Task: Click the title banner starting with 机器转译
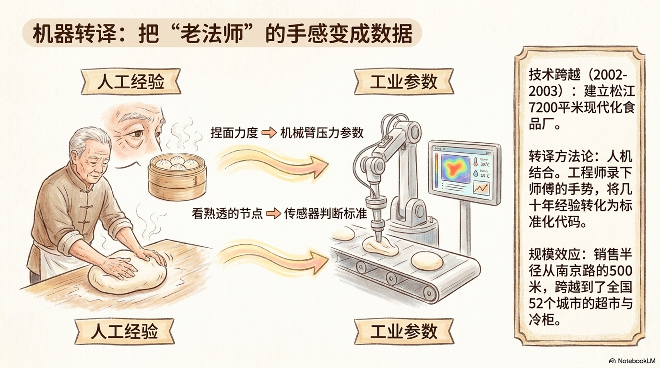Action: [222, 33]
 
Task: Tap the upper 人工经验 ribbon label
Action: [131, 82]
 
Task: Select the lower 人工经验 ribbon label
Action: [124, 331]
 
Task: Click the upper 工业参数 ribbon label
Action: [404, 82]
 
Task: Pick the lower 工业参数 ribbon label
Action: [404, 331]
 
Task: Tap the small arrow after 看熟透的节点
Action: [273, 213]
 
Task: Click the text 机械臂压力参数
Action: [322, 133]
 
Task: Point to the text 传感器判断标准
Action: [326, 213]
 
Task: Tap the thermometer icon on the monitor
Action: [475, 162]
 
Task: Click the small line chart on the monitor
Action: [481, 188]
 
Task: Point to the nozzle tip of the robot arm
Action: [378, 241]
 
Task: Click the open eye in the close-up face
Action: [137, 135]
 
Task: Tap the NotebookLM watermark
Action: [632, 361]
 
